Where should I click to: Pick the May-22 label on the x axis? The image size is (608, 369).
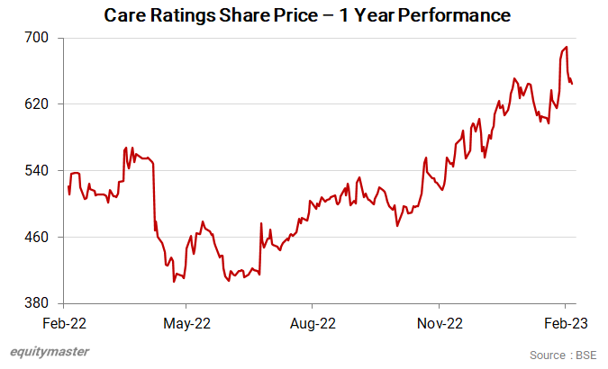pos(189,322)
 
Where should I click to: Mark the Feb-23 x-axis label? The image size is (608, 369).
pos(566,322)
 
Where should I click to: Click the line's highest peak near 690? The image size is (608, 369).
pos(566,47)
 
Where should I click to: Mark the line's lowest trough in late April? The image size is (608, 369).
pos(174,282)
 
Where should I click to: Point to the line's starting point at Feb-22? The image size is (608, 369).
pos(68,186)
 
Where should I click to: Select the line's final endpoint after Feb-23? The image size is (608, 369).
pos(573,84)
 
